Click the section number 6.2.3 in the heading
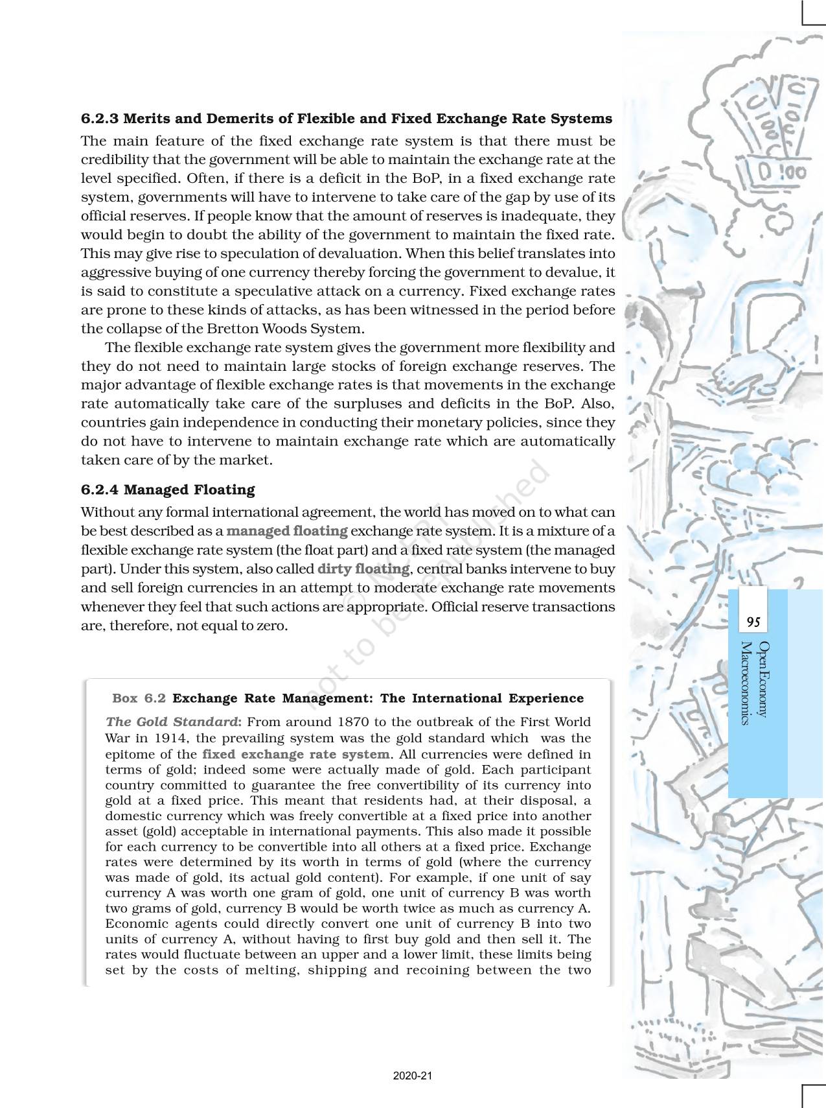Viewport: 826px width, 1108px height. (x=100, y=119)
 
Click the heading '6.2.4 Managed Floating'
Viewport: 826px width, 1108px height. (x=168, y=489)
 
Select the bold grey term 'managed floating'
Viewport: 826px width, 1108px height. (x=287, y=531)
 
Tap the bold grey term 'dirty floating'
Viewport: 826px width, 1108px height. (x=363, y=569)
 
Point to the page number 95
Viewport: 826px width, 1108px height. (x=753, y=622)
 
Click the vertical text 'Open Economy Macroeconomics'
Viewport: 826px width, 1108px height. (x=755, y=683)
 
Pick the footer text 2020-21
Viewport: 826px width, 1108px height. (x=413, y=1076)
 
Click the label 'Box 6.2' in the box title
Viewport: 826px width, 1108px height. (x=139, y=698)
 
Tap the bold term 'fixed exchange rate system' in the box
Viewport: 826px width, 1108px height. (x=296, y=754)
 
